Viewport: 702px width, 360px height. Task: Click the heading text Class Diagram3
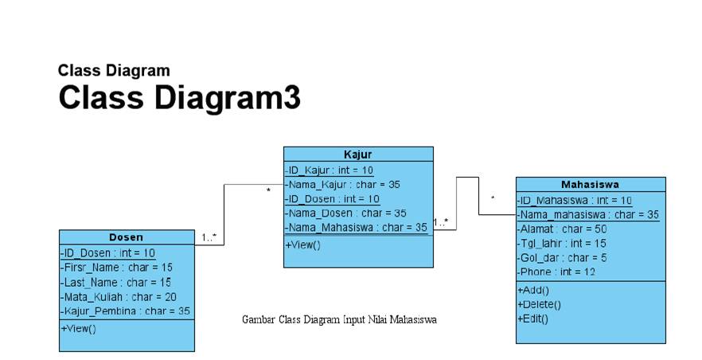179,98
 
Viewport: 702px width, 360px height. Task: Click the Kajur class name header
357,155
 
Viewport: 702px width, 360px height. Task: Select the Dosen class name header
126,237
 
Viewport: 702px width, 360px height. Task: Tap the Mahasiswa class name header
590,185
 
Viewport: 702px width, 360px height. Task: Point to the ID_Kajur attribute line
330,170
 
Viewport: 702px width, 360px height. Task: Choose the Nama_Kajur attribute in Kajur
342,184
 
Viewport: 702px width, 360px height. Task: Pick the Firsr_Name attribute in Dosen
116,267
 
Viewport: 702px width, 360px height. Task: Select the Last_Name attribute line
115,282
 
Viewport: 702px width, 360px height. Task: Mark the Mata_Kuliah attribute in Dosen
119,296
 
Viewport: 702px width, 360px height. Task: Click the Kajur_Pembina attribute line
125,311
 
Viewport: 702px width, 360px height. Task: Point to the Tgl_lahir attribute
561,243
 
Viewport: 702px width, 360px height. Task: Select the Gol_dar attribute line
561,257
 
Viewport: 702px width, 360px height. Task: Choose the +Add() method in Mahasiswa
533,290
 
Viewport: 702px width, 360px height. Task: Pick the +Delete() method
539,304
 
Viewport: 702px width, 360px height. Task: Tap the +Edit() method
532,319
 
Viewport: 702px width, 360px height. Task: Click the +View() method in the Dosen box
78,328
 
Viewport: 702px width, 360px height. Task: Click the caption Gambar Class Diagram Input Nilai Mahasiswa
339,319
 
